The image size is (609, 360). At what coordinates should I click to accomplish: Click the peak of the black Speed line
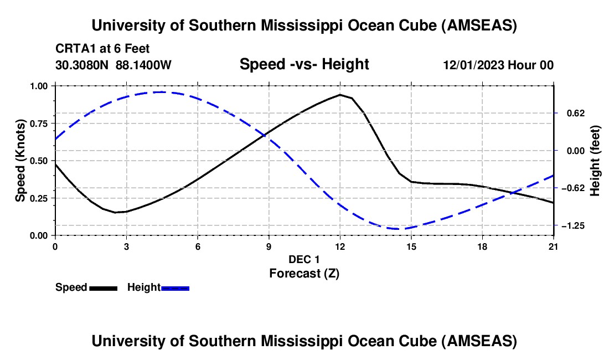[x=340, y=95]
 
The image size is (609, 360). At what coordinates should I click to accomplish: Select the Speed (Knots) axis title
[x=20, y=161]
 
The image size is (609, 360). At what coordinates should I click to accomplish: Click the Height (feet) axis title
[x=595, y=161]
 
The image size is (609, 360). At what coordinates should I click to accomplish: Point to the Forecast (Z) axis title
[x=304, y=273]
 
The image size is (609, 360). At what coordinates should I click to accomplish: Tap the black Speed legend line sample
[x=103, y=288]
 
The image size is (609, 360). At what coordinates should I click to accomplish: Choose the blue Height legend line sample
[x=176, y=288]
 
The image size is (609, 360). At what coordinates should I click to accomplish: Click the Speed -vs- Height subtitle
[x=304, y=64]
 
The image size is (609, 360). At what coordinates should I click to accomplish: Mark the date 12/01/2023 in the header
[x=473, y=65]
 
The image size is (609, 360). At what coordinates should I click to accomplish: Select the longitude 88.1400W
[x=144, y=65]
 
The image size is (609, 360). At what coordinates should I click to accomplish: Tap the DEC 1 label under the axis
[x=304, y=259]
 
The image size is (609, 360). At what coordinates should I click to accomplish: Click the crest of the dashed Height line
[x=162, y=92]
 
